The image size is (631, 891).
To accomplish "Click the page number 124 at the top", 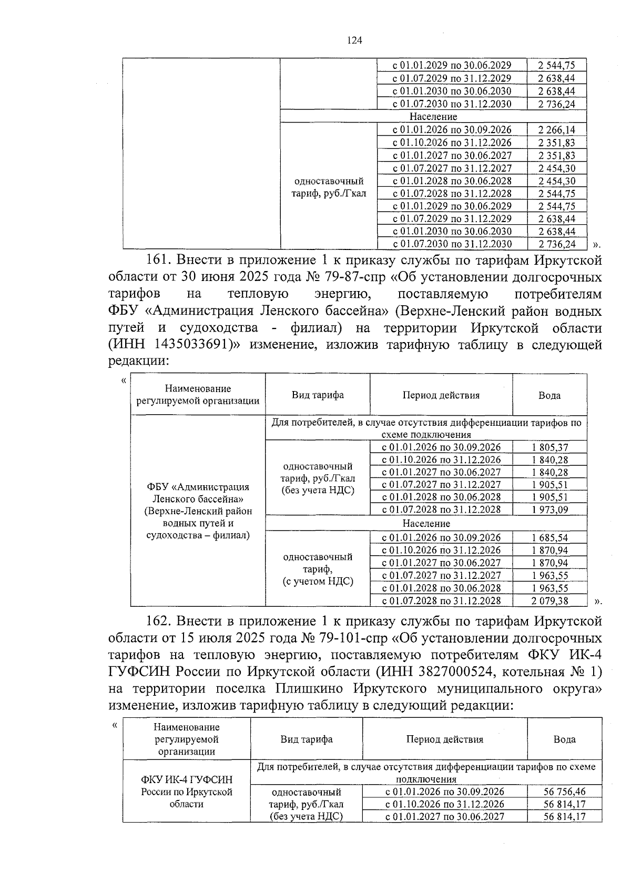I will [354, 41].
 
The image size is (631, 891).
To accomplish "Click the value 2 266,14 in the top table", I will [556, 130].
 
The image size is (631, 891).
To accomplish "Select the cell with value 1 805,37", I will [549, 447].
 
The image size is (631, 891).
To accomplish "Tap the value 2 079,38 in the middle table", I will [549, 601].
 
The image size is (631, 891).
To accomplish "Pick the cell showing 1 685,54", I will [549, 538].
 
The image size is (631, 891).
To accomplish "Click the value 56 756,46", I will [564, 792].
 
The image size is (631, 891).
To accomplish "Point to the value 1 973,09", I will [549, 509].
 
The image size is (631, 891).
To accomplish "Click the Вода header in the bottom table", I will [564, 739].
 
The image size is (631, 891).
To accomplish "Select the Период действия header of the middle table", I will [441, 395].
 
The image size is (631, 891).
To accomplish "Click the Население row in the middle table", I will [426, 524].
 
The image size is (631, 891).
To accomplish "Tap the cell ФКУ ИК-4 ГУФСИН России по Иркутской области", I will [186, 792].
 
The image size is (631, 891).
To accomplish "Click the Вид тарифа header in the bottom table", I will [306, 739].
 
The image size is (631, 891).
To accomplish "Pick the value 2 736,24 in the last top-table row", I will [556, 244].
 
